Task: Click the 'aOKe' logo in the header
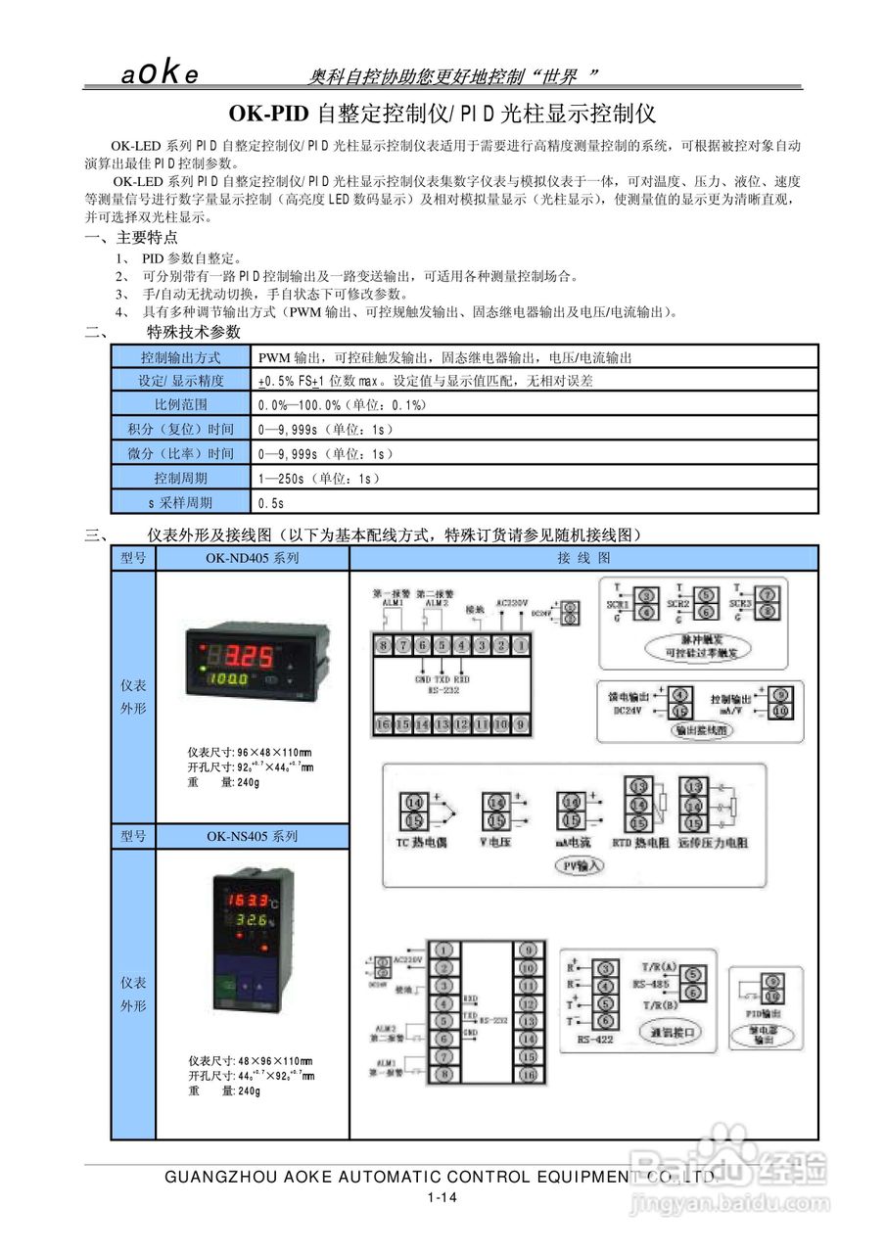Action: (161, 74)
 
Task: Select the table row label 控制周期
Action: (181, 479)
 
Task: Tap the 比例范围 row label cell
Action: (181, 405)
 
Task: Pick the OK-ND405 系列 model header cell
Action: (252, 558)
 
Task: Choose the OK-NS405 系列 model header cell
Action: (252, 837)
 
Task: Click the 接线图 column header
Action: (583, 558)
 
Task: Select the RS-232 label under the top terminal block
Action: (442, 690)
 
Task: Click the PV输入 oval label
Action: (581, 865)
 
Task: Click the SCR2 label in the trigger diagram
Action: (678, 605)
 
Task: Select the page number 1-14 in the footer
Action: (442, 1197)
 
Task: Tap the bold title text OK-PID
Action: (271, 114)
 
